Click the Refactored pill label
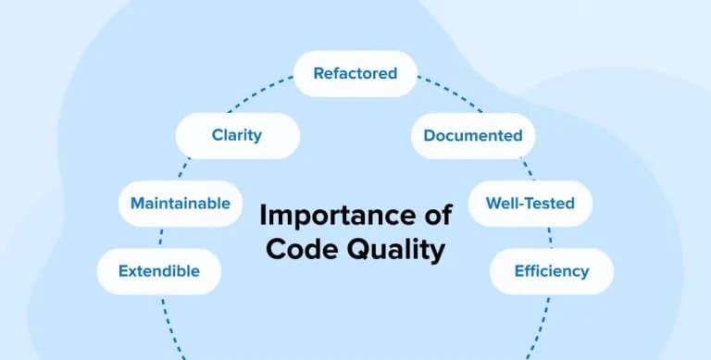(355, 73)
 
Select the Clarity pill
(237, 135)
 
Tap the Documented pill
(472, 136)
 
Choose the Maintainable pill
(180, 204)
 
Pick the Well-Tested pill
(530, 204)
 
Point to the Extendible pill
(158, 271)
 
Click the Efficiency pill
(551, 271)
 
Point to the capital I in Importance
(263, 217)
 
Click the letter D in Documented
(430, 136)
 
